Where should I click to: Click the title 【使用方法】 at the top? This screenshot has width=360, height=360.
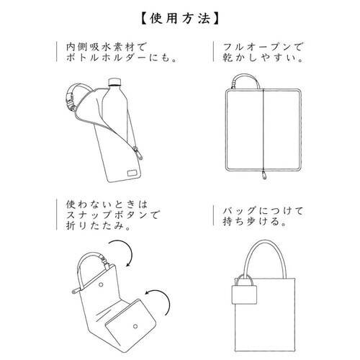click(x=179, y=15)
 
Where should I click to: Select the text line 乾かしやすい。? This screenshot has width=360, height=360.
click(x=258, y=62)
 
